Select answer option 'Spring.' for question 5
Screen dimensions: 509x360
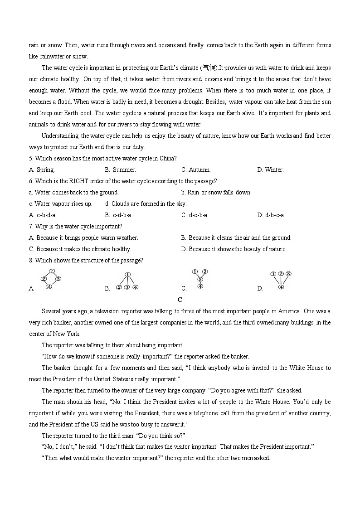(x=45, y=170)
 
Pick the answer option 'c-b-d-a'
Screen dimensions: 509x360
(x=46, y=215)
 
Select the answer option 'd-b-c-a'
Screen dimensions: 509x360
(x=274, y=215)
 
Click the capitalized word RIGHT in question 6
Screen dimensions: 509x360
(x=71, y=181)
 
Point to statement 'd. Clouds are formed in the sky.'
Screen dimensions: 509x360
(x=146, y=204)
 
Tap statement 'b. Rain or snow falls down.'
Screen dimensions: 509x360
(x=216, y=193)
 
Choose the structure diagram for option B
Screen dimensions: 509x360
(x=127, y=281)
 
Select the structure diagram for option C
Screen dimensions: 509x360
(x=200, y=279)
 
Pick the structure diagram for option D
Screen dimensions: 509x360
(x=281, y=280)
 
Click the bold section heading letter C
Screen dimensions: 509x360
(x=180, y=300)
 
